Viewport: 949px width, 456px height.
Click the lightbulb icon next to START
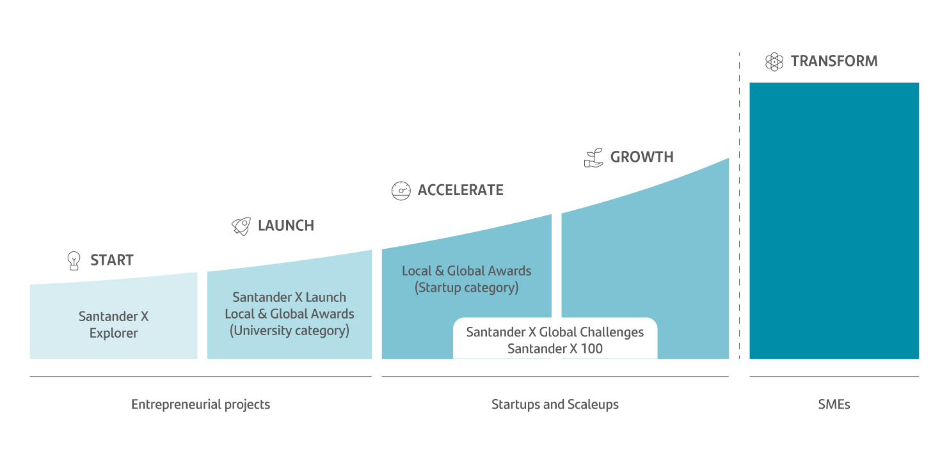tap(74, 260)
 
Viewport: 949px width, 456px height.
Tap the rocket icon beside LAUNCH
tap(241, 226)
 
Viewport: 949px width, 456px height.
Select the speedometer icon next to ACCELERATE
tap(401, 191)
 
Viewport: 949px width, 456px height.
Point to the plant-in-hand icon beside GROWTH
tap(594, 157)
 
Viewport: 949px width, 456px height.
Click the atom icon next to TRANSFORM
tap(774, 62)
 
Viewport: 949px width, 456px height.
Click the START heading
tap(112, 260)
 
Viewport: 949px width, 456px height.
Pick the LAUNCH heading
tap(286, 226)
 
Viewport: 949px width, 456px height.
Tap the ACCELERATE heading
tap(461, 190)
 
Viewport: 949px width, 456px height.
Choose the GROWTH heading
tap(642, 157)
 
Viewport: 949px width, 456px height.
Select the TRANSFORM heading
tap(834, 61)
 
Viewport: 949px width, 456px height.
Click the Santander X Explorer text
tap(113, 324)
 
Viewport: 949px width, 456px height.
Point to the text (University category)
tap(289, 330)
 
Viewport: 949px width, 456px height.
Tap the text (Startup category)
tap(467, 288)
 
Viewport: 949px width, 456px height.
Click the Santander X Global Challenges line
tap(555, 332)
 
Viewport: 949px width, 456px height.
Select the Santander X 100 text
tap(555, 349)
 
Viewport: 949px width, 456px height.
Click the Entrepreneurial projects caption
tap(200, 404)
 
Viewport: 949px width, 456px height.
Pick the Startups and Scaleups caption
tap(555, 404)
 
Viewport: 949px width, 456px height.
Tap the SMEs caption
tap(834, 404)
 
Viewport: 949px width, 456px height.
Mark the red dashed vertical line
tap(739, 206)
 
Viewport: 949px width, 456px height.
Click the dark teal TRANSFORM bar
tap(834, 221)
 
